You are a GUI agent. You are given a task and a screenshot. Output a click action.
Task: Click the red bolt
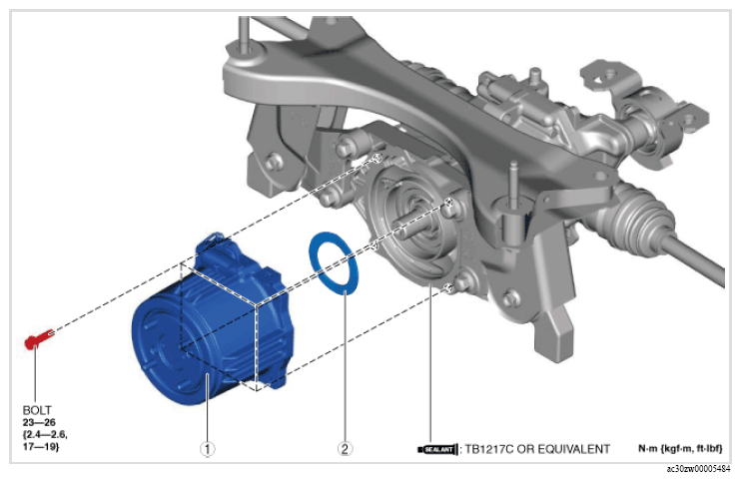(39, 338)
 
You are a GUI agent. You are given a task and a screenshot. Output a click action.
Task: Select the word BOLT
(37, 410)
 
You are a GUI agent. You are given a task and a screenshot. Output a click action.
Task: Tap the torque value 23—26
(39, 422)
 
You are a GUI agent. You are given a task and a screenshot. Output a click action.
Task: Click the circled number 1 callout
(207, 448)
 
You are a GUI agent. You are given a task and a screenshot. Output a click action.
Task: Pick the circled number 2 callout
(345, 448)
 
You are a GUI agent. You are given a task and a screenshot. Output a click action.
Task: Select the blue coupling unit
(213, 321)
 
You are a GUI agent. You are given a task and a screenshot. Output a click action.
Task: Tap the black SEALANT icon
(437, 449)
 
